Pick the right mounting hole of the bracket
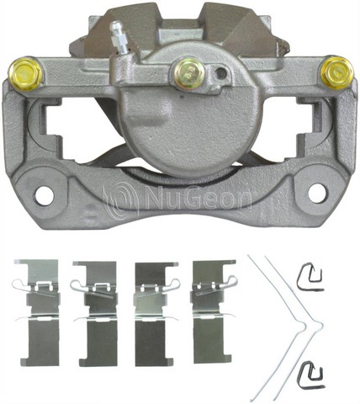point(317,193)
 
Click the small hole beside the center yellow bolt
point(220,74)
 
